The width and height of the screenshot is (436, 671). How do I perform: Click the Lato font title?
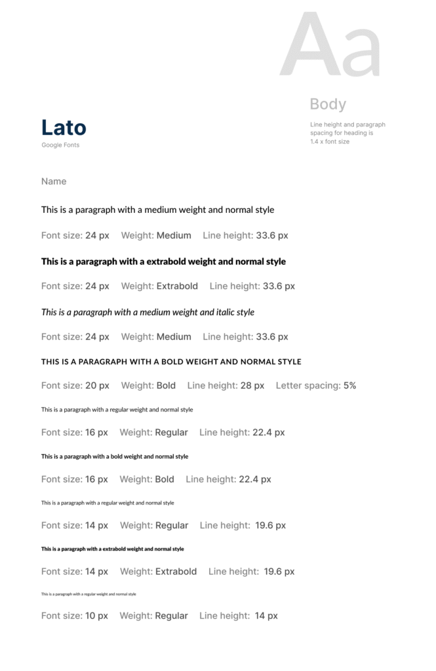tap(64, 127)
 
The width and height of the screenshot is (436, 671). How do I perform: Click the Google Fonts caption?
tap(60, 145)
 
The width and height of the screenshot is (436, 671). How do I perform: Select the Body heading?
tap(328, 104)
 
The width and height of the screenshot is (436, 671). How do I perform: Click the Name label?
tap(54, 182)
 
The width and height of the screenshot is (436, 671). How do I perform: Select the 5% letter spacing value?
tap(349, 385)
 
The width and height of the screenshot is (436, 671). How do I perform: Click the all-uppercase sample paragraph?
tap(171, 362)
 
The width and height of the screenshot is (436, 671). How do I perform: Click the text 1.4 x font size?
tap(330, 142)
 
